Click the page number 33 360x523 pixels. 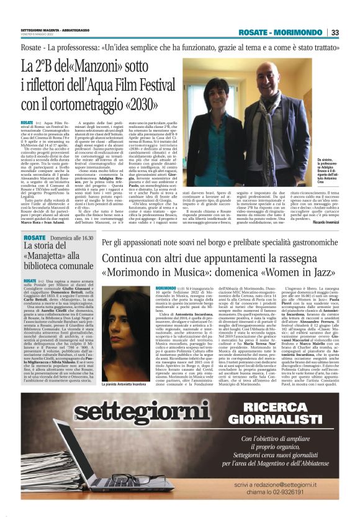(x=335, y=32)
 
